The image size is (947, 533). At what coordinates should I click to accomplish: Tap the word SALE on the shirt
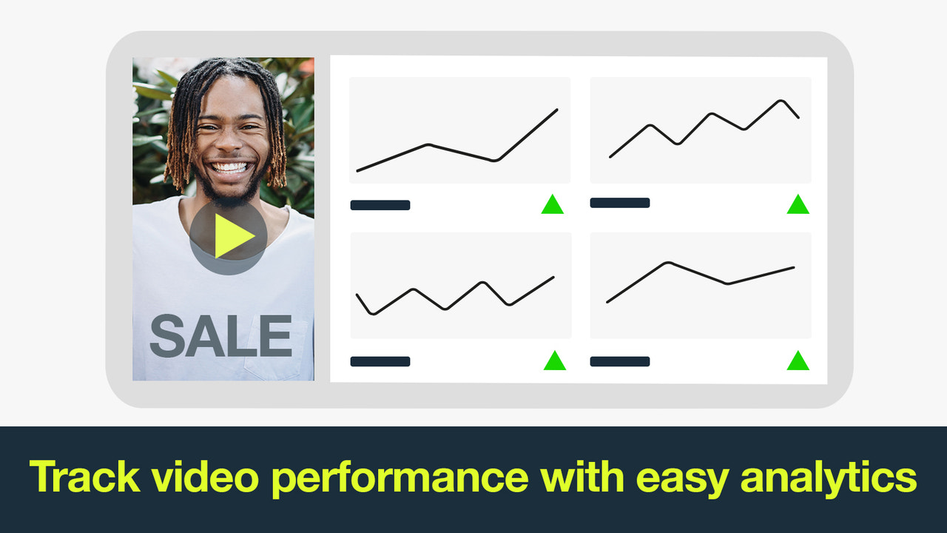coord(221,336)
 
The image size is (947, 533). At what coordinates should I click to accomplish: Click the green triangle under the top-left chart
coord(552,205)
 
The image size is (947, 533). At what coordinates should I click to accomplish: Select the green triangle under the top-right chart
coord(798,205)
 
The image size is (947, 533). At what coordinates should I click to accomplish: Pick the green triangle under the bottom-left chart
coord(554,361)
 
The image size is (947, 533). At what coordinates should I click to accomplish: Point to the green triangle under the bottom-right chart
coord(798,361)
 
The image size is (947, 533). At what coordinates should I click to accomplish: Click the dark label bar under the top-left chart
coord(380,205)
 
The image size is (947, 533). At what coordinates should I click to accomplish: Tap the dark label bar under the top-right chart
coord(619,203)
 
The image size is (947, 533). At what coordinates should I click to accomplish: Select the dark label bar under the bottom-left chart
coord(380,361)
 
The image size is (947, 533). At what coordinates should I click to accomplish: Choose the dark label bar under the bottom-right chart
coord(619,361)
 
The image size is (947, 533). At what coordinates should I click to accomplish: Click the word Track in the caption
coord(84,477)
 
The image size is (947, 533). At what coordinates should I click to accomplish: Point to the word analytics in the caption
coord(828,478)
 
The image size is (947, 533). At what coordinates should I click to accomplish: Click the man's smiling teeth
coord(231,167)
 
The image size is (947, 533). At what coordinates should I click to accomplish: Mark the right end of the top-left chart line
coord(556,110)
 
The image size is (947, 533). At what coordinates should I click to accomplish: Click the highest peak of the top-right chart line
coord(781,101)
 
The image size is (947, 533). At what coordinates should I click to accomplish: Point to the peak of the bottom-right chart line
coord(668,263)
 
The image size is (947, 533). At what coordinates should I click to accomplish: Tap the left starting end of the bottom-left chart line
coord(357,295)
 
